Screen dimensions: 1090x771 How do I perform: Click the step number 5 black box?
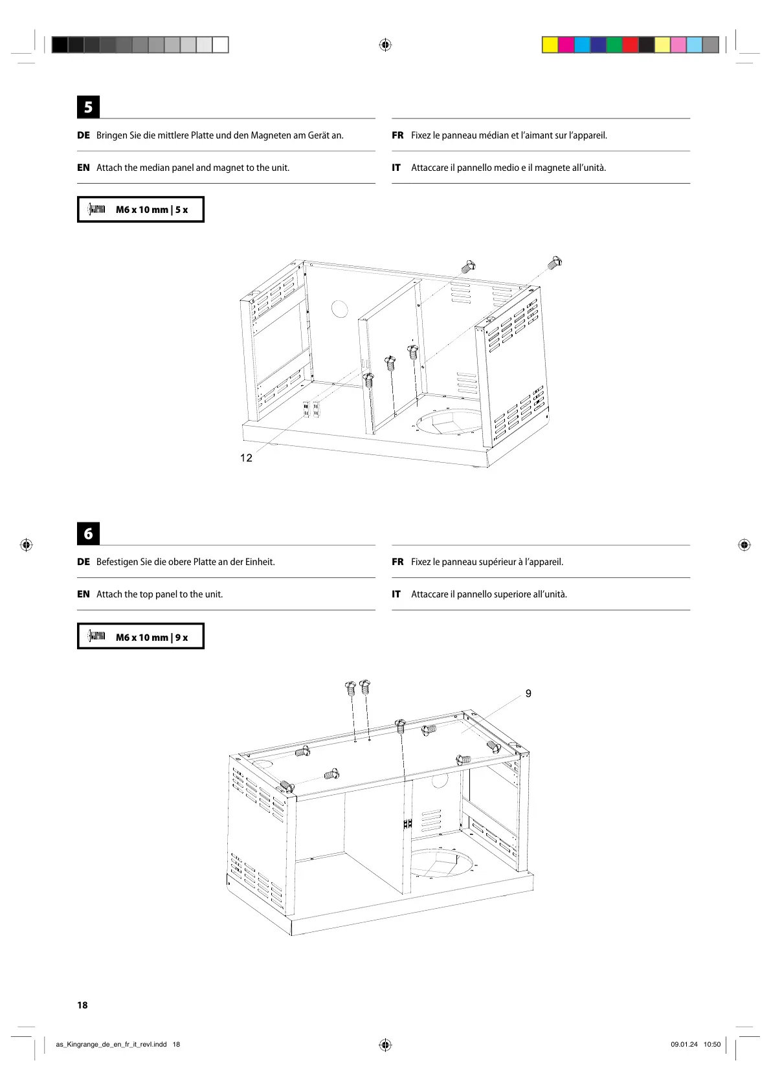(x=88, y=107)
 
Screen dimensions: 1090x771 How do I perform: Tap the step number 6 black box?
(x=88, y=533)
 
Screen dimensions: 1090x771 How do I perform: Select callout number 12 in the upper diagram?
(x=246, y=458)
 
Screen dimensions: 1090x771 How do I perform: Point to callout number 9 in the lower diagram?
(x=528, y=693)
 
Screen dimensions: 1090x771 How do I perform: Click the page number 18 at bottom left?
(x=82, y=1005)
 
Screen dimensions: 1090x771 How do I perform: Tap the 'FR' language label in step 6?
(x=397, y=562)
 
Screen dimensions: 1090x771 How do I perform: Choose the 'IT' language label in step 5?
(x=396, y=168)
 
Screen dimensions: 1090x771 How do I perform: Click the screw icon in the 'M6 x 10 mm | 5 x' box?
(x=97, y=209)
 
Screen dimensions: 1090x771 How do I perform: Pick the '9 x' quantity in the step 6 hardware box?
(x=181, y=637)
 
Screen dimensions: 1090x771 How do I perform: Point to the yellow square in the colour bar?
(x=550, y=45)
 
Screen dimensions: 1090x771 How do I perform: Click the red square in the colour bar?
(x=630, y=45)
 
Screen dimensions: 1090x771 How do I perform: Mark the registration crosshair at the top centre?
(x=385, y=45)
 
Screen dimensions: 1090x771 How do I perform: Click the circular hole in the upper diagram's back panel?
(x=340, y=309)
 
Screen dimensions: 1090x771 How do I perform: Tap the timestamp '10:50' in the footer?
(x=711, y=1044)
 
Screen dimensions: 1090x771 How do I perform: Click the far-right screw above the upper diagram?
(x=555, y=262)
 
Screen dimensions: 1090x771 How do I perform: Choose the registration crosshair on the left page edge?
(x=26, y=545)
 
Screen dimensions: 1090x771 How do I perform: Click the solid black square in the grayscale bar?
(x=60, y=45)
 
